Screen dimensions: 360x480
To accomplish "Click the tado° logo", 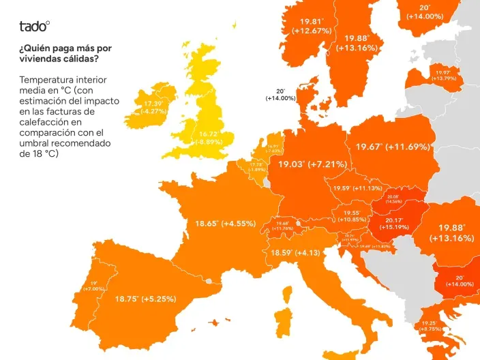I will pyautogui.click(x=34, y=27).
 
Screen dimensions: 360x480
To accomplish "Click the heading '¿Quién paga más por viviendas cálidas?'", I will pyautogui.click(x=65, y=53).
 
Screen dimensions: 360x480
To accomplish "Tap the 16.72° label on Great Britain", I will pyautogui.click(x=208, y=138).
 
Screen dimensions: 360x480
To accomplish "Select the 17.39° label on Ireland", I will pyautogui.click(x=153, y=107).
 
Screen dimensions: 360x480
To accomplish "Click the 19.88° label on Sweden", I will pyautogui.click(x=357, y=43).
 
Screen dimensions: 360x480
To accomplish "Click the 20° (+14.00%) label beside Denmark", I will pyautogui.click(x=280, y=94).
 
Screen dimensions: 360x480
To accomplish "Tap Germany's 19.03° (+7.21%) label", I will pyautogui.click(x=312, y=164).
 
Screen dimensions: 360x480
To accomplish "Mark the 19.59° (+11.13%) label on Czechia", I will pyautogui.click(x=357, y=188).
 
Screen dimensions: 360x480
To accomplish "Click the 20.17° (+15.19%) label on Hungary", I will pyautogui.click(x=394, y=224).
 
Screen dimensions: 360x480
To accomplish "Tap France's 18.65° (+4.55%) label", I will pyautogui.click(x=225, y=223).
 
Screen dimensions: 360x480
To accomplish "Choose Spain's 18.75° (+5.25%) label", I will pyautogui.click(x=145, y=299).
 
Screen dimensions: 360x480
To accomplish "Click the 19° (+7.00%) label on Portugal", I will pyautogui.click(x=94, y=286).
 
